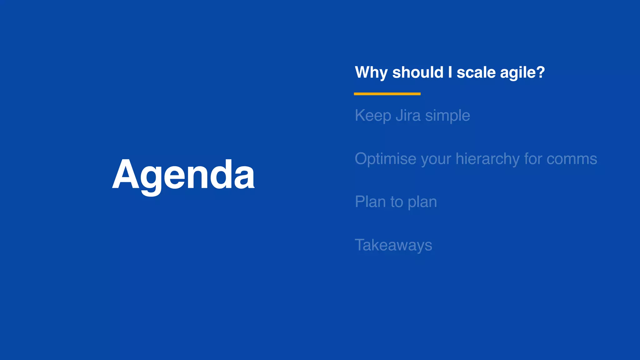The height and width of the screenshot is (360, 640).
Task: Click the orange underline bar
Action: (387, 94)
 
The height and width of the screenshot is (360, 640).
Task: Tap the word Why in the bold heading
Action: (371, 72)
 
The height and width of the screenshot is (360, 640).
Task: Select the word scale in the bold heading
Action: (476, 72)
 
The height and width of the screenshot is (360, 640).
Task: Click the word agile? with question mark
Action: (522, 72)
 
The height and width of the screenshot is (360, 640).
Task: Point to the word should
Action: (417, 72)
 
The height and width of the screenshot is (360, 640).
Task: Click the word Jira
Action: (408, 115)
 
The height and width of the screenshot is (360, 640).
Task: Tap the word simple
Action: (447, 115)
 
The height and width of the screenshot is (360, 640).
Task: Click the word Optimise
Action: (385, 158)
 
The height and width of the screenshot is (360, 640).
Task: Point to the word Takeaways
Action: (393, 245)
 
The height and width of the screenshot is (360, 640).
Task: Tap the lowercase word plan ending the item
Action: (422, 202)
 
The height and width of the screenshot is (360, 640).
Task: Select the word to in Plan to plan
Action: (397, 202)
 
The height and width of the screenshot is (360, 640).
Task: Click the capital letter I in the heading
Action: (450, 72)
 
